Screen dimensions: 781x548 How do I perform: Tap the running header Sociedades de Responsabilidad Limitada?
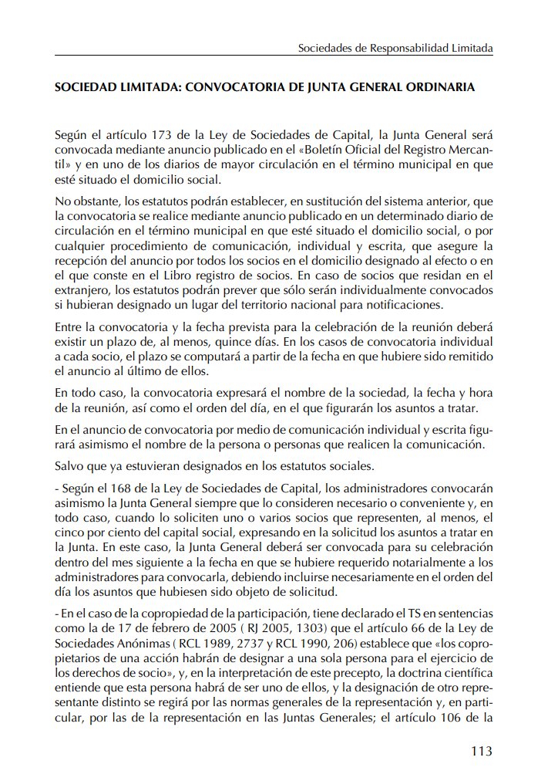395,48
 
